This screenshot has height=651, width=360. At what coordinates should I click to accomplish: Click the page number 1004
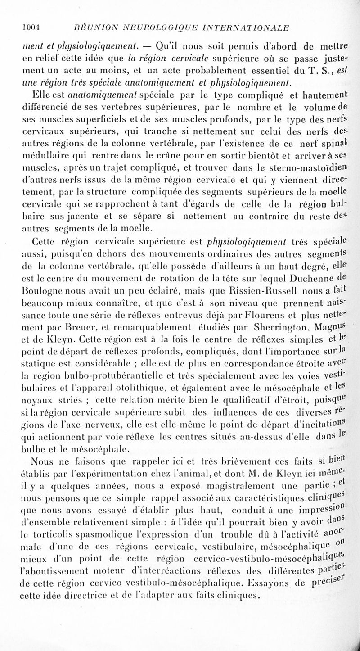click(x=32, y=27)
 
